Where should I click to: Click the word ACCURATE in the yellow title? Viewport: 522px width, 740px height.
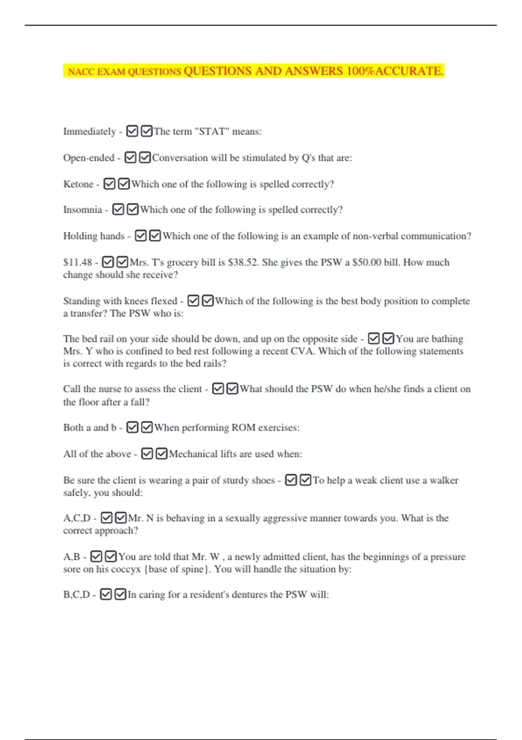[409, 71]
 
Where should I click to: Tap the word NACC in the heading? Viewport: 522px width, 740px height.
[81, 72]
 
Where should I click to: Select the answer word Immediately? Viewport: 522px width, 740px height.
[90, 131]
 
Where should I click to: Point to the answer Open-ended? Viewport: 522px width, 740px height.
[89, 158]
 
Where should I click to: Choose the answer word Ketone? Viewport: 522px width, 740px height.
[78, 184]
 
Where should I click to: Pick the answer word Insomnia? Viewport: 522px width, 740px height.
[83, 210]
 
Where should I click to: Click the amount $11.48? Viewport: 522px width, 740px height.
[77, 262]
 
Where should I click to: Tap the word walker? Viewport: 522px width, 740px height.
[444, 481]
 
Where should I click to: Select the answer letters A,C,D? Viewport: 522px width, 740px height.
[77, 518]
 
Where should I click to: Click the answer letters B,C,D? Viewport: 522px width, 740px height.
[77, 595]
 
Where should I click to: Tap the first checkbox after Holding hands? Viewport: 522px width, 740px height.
[141, 236]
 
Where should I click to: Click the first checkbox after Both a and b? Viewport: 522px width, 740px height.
[132, 427]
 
